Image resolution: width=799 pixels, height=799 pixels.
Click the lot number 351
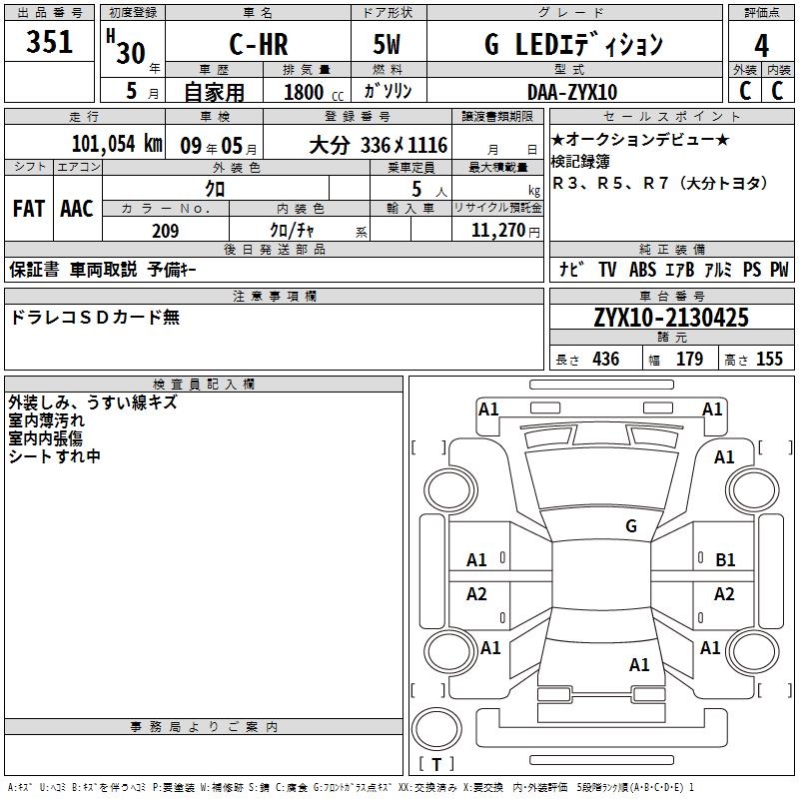pos(49,41)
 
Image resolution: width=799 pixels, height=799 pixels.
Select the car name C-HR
pos(259,44)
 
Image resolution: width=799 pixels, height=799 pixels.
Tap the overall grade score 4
pos(761,46)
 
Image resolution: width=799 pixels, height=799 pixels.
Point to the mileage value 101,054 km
pos(117,144)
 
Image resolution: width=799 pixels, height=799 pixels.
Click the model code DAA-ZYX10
pos(572,92)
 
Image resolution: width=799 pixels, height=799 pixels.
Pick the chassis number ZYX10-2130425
pos(671,317)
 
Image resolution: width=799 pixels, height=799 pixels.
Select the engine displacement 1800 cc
pos(314,92)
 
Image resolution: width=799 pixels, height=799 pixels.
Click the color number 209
pos(165,231)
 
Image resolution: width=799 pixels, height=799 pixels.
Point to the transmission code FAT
pos(29,209)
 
